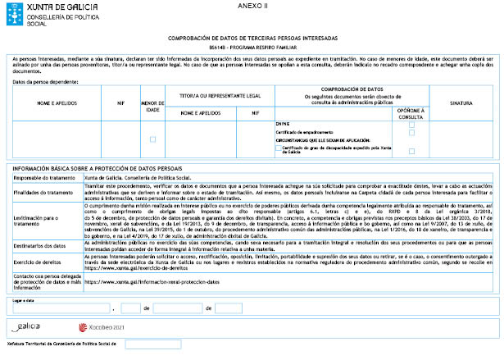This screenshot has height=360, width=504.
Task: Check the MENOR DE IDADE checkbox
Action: coord(152,139)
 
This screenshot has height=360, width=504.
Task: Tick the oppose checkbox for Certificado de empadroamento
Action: coord(412,133)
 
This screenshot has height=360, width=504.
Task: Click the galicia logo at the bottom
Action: coord(25,326)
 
